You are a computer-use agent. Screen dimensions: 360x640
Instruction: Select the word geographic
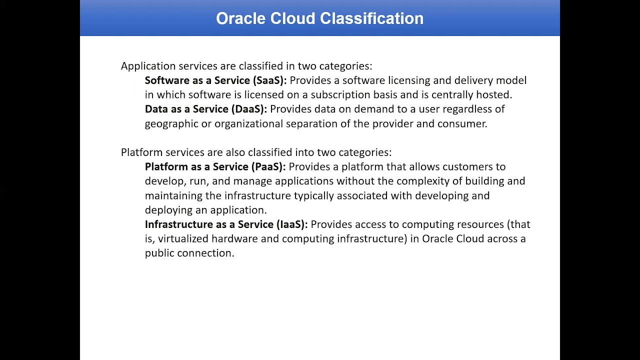point(171,124)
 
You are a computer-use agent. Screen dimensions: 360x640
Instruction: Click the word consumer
point(461,124)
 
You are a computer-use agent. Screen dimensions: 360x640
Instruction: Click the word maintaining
point(173,195)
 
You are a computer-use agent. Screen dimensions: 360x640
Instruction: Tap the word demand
point(371,109)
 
